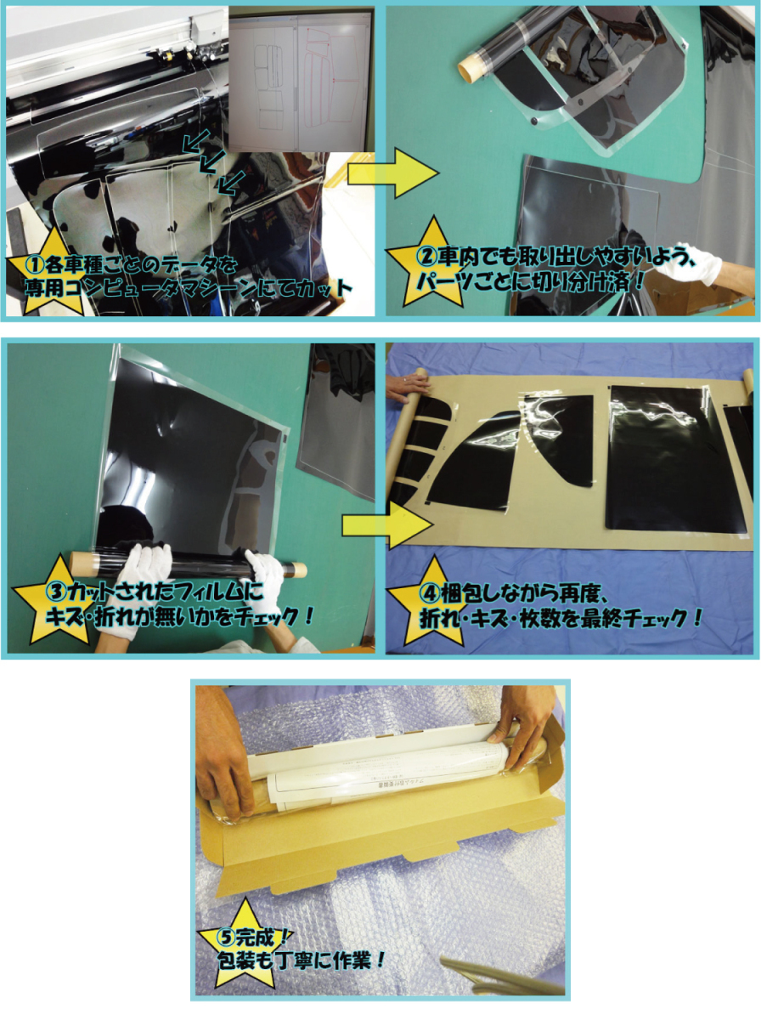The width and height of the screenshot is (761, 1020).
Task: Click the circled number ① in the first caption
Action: (34, 266)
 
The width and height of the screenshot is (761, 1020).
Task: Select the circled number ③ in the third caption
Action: (55, 592)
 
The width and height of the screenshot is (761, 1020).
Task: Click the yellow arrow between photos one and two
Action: (393, 173)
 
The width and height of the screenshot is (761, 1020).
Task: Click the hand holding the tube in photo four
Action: (407, 387)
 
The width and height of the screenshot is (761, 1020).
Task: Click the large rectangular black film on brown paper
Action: (676, 459)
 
